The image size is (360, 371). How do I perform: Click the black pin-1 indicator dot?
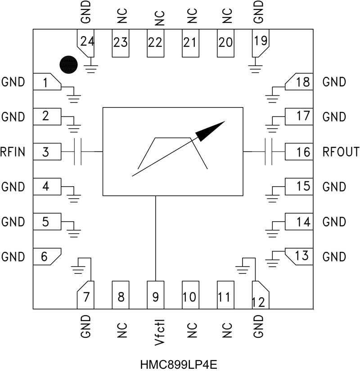[x=68, y=65]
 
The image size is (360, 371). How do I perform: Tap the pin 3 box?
[x=47, y=152]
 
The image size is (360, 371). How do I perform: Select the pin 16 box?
[x=299, y=152]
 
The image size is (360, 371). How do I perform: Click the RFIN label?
[x=13, y=152]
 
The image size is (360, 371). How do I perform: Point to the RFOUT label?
[x=341, y=152]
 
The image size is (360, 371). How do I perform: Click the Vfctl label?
[x=160, y=332]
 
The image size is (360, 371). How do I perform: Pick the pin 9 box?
[x=156, y=295]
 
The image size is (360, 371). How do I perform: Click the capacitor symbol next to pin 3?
[x=78, y=152]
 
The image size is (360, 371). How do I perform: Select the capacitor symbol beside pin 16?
[x=268, y=152]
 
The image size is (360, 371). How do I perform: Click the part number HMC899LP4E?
[x=179, y=364]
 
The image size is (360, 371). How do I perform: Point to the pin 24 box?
[x=85, y=43]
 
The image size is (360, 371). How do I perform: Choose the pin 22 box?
[x=156, y=43]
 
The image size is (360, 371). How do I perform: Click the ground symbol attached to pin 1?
[x=74, y=98]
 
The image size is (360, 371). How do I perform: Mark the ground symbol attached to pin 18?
[x=272, y=98]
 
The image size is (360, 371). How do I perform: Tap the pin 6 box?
[x=47, y=256]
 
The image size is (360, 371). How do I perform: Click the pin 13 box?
[x=299, y=256]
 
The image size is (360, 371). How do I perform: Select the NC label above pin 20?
[x=227, y=16]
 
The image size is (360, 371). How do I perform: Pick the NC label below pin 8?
[x=122, y=330]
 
